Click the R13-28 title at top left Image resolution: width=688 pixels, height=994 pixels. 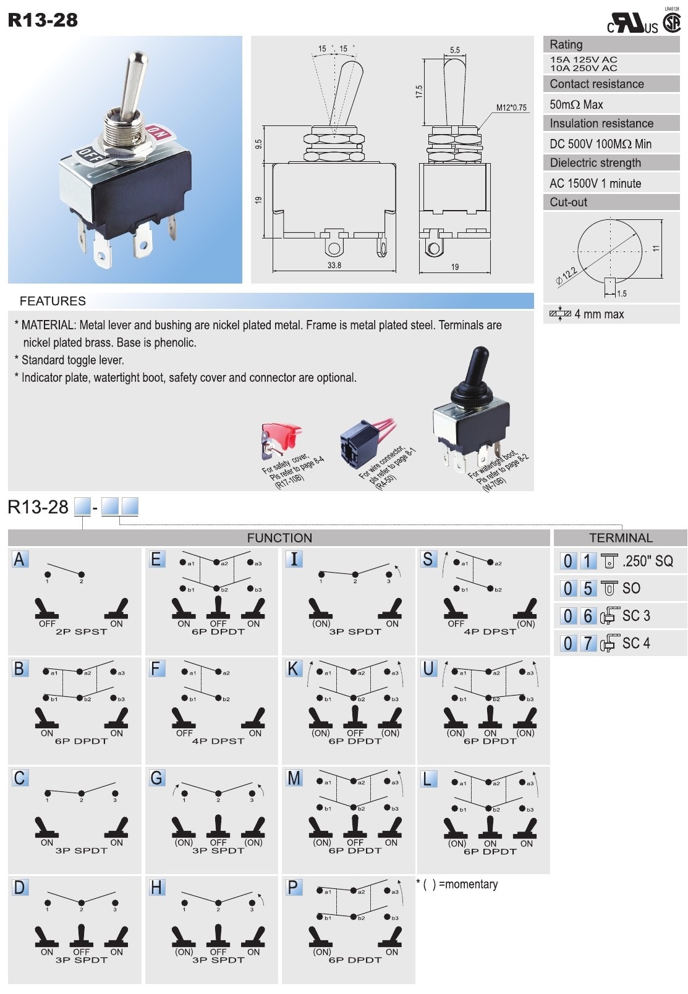tap(43, 20)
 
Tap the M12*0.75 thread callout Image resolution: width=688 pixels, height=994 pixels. tap(511, 107)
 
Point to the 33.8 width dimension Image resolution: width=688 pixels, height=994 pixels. tap(334, 265)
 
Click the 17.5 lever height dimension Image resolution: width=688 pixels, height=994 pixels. tap(419, 91)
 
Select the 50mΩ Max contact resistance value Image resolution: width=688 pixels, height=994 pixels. tap(576, 104)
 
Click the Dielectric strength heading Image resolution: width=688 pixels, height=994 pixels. tap(595, 162)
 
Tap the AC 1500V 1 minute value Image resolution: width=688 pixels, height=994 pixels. tap(595, 183)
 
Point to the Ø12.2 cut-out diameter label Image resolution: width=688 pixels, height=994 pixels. tap(566, 276)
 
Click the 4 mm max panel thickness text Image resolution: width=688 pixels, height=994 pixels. tap(598, 314)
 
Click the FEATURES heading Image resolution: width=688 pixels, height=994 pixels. tap(53, 301)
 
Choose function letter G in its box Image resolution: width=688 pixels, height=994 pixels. tap(156, 778)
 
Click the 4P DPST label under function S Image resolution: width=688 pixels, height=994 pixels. tap(490, 631)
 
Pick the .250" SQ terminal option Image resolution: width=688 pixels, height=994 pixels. tap(647, 561)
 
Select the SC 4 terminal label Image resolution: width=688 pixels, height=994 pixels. tap(635, 643)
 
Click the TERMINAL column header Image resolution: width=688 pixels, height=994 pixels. tap(620, 537)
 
